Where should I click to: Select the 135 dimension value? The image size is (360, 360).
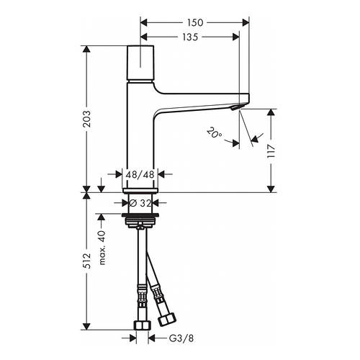pyautogui.click(x=189, y=37)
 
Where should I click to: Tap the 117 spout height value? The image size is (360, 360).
pyautogui.click(x=271, y=151)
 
